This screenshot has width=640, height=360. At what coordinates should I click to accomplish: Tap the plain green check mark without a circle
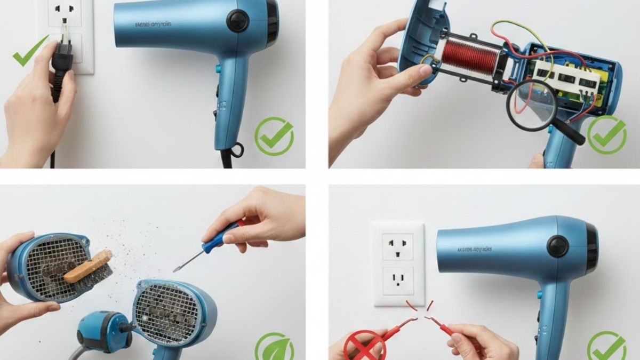click(29, 52)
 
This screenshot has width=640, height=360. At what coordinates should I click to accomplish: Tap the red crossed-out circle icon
click(365, 346)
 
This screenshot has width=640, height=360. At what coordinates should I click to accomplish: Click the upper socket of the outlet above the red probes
click(398, 246)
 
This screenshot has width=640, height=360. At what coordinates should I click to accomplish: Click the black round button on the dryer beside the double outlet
click(558, 246)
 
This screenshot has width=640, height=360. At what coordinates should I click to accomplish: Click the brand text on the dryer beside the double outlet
click(475, 249)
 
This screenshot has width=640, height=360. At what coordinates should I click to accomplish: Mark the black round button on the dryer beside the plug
click(238, 21)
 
